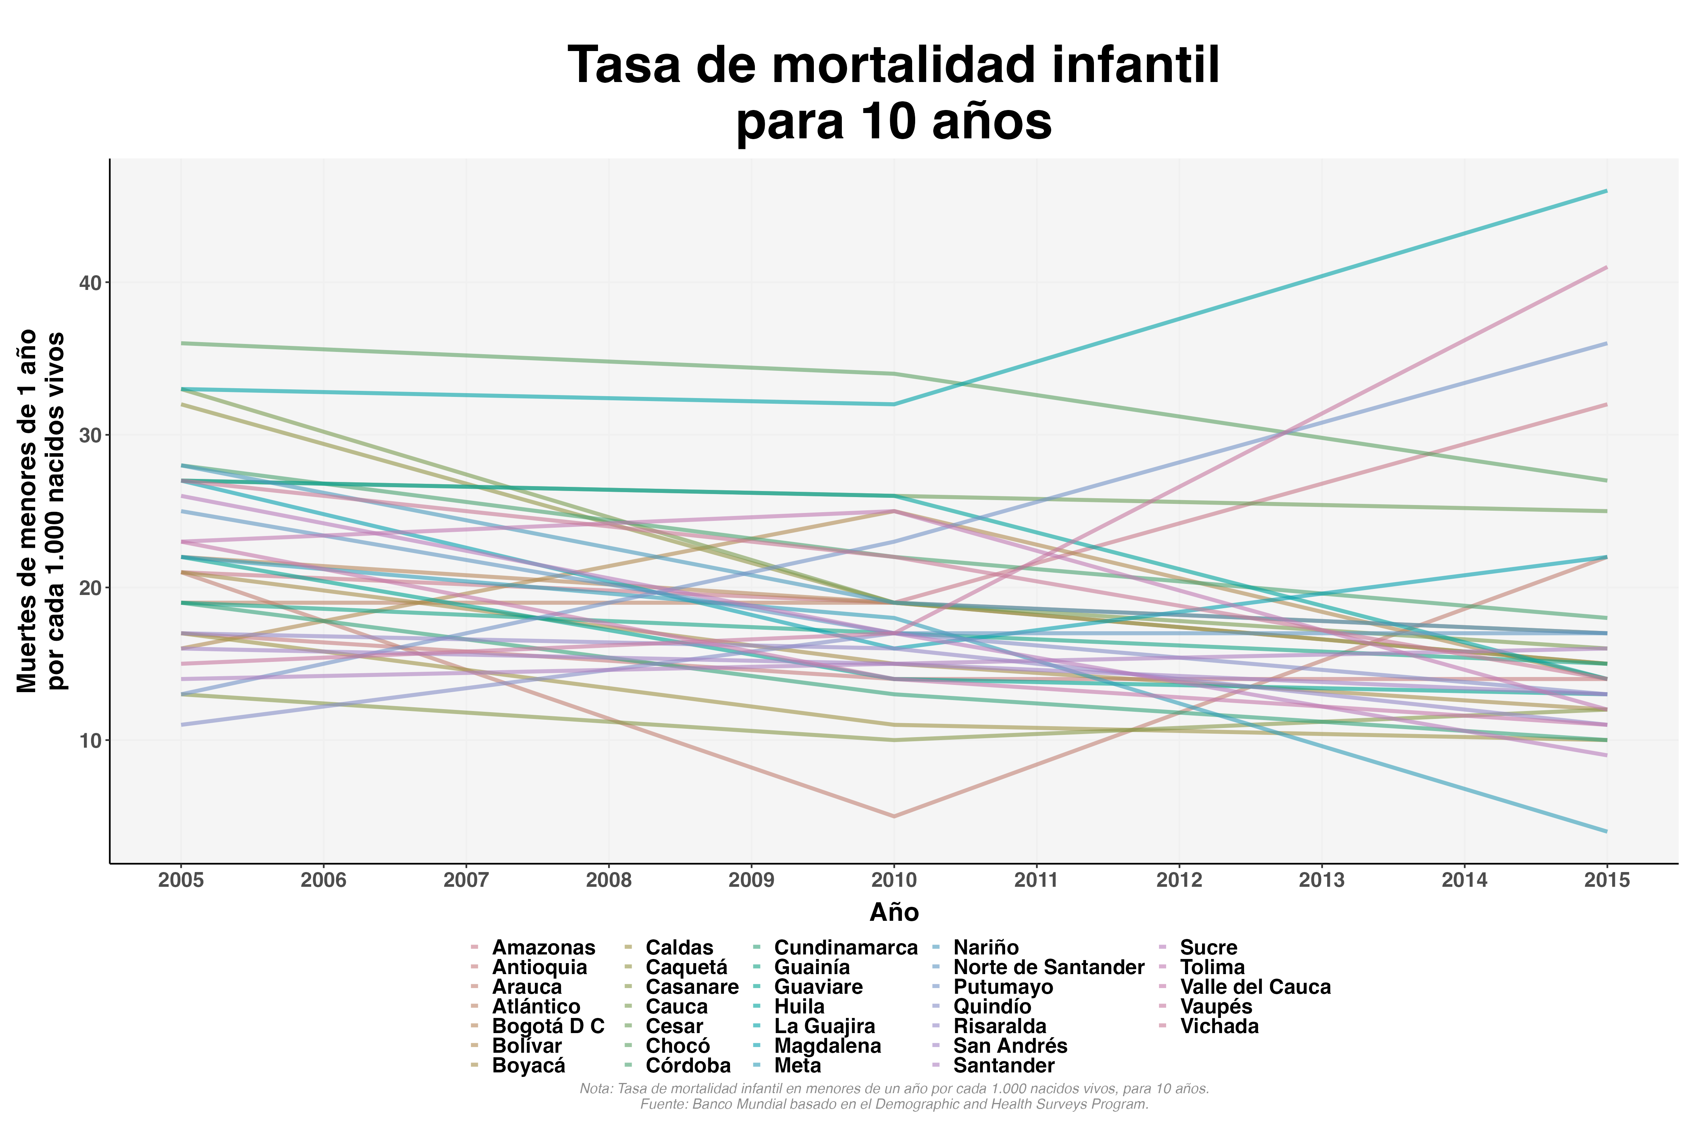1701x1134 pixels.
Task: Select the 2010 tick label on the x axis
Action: (894, 880)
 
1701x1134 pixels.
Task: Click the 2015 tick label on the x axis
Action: (1607, 880)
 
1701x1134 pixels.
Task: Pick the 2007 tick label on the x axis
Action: (466, 880)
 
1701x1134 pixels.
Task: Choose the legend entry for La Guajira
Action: (824, 1026)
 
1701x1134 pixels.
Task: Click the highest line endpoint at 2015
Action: (1607, 191)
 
